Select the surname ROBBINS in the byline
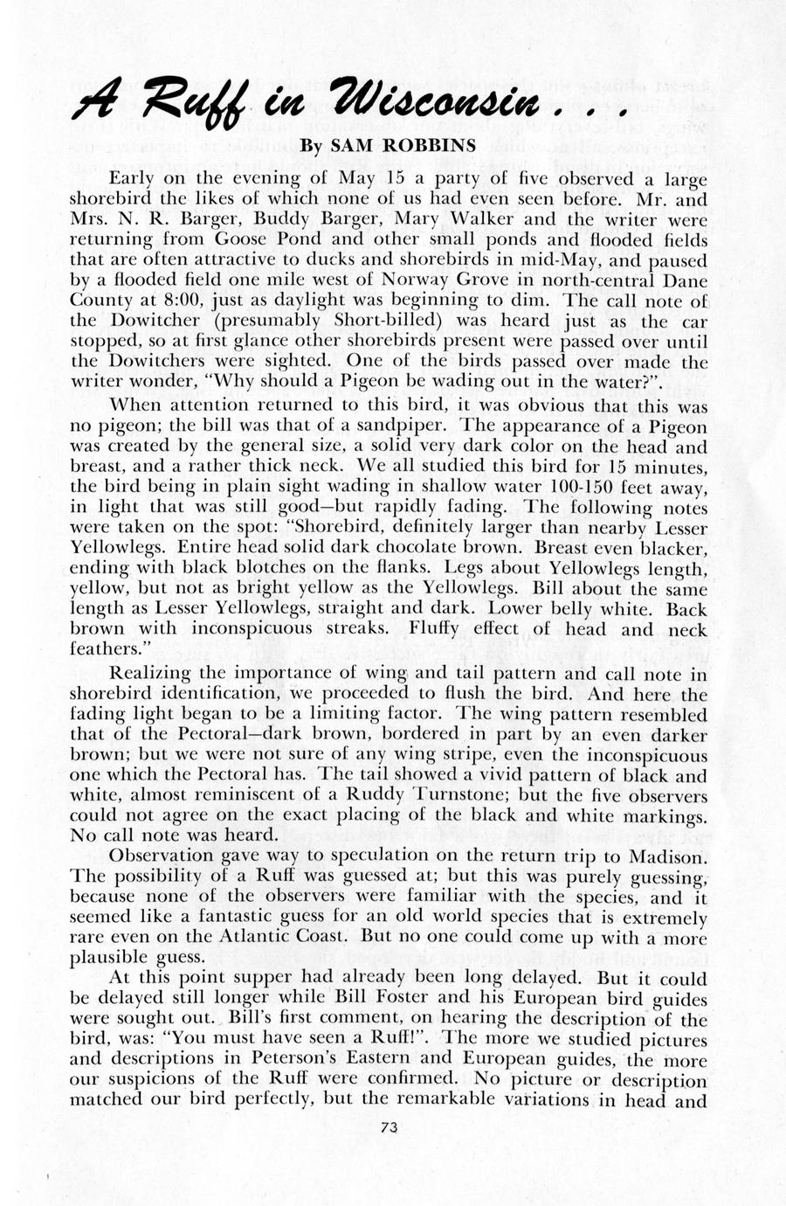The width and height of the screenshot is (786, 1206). click(431, 145)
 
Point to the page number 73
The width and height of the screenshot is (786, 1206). click(390, 1127)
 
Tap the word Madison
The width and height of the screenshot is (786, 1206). click(663, 856)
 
